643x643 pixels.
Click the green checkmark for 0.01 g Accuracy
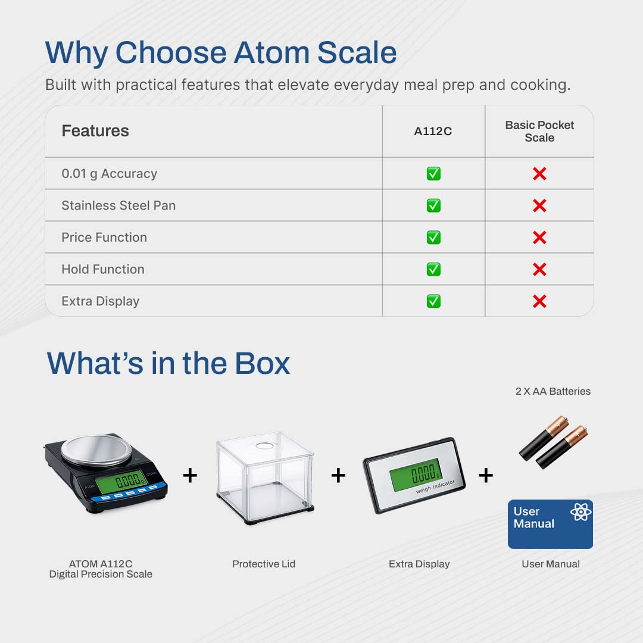pyautogui.click(x=433, y=173)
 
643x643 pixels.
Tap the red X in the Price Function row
pyautogui.click(x=539, y=238)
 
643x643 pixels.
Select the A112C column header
pyautogui.click(x=433, y=131)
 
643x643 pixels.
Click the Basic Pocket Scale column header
pyautogui.click(x=539, y=131)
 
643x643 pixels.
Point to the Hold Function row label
pyautogui.click(x=103, y=269)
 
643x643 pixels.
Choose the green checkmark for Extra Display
pyautogui.click(x=433, y=301)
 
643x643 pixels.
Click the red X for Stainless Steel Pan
pyautogui.click(x=539, y=205)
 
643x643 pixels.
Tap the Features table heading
pyautogui.click(x=95, y=131)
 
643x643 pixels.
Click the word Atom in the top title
pyautogui.click(x=271, y=52)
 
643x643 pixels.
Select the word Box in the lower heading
pyautogui.click(x=263, y=363)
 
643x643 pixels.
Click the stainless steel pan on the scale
pyautogui.click(x=96, y=450)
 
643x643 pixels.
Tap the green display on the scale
pyautogui.click(x=121, y=480)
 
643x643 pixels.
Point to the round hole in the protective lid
pyautogui.click(x=264, y=446)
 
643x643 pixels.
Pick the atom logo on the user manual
pyautogui.click(x=580, y=512)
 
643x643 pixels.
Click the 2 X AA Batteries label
pyautogui.click(x=553, y=391)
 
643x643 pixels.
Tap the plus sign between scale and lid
pyautogui.click(x=190, y=476)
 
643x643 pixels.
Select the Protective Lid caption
pyautogui.click(x=264, y=564)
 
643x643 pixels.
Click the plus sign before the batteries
pyautogui.click(x=486, y=476)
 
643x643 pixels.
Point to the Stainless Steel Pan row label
pyautogui.click(x=118, y=205)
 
